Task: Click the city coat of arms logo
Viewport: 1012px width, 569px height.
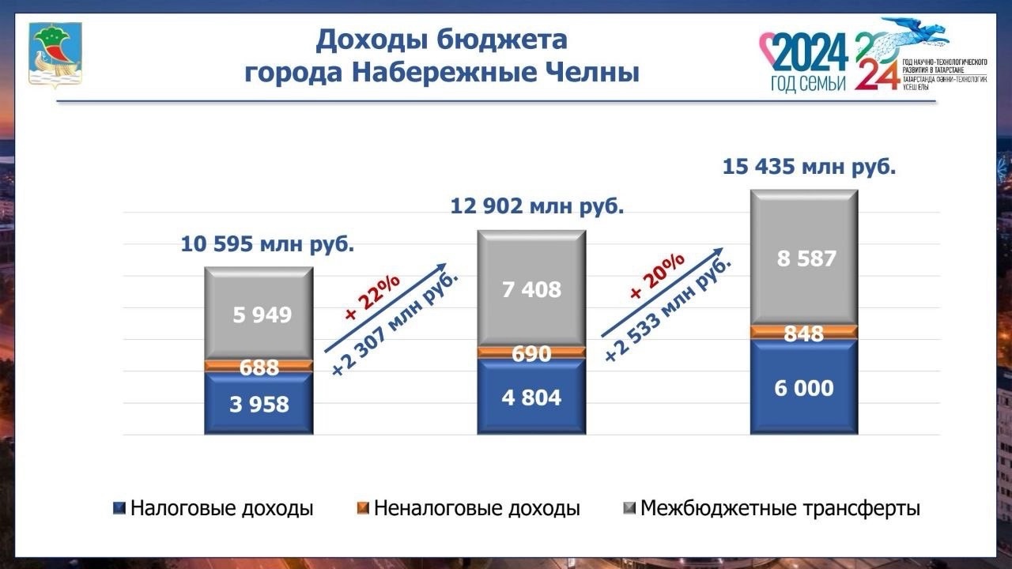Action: (x=55, y=54)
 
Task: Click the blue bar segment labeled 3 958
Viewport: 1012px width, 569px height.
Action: (x=259, y=404)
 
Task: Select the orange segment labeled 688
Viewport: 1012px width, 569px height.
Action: (x=259, y=367)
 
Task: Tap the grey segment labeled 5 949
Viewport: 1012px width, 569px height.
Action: (x=259, y=315)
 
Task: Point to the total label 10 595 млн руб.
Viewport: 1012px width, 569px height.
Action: (x=267, y=244)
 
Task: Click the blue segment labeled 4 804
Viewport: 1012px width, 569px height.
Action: (x=531, y=397)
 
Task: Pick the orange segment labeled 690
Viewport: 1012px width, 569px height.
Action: (x=531, y=352)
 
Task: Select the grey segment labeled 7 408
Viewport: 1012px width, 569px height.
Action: (x=531, y=289)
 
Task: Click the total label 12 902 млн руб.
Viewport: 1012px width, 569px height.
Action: (x=537, y=207)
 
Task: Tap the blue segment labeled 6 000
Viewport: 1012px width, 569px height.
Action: (x=804, y=388)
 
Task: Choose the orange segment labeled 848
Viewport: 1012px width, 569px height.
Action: (x=804, y=333)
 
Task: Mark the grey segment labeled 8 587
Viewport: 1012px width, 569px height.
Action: (x=804, y=258)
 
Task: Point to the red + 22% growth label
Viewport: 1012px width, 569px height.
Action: (x=372, y=299)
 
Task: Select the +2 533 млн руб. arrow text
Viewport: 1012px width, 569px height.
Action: (x=669, y=307)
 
